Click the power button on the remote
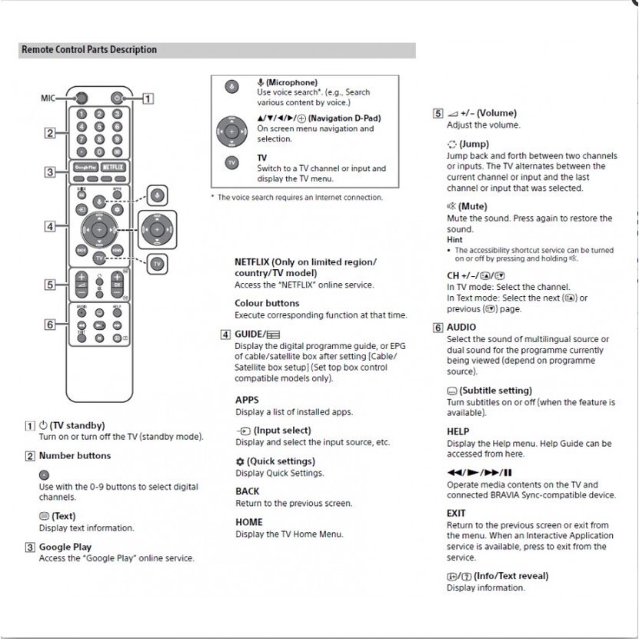click(x=117, y=98)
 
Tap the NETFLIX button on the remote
click(x=112, y=166)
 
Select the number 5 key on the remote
click(x=100, y=127)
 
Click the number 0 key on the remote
click(x=100, y=152)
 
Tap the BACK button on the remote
click(x=82, y=249)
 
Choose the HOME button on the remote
click(x=117, y=249)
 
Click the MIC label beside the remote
click(x=48, y=98)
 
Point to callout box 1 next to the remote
click(x=148, y=98)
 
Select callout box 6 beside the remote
click(x=50, y=324)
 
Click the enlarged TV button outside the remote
click(x=158, y=264)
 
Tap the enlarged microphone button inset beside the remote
click(x=158, y=195)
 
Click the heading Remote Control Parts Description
click(x=89, y=50)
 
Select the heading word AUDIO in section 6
click(x=461, y=328)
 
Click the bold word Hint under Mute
click(x=455, y=240)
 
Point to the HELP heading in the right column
click(x=458, y=432)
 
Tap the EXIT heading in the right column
click(x=456, y=513)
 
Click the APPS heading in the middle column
click(x=247, y=400)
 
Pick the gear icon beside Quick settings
click(x=240, y=461)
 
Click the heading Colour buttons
click(x=267, y=303)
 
